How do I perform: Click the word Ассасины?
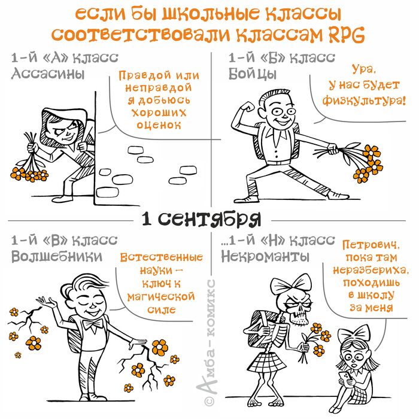(x=47, y=74)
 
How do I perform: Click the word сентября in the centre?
(x=219, y=220)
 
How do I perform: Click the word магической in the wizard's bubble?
(x=161, y=296)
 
